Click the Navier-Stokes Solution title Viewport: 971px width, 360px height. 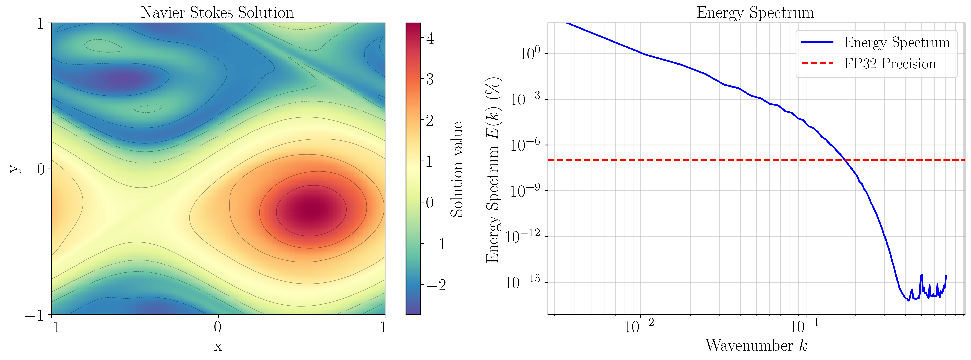(217, 12)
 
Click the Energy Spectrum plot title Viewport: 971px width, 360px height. (755, 12)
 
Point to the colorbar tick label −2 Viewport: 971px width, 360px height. (436, 285)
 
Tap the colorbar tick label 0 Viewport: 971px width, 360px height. (430, 203)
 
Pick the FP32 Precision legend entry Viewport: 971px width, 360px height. (890, 64)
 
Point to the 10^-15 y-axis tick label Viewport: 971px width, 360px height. (522, 282)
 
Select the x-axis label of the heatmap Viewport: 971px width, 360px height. (218, 346)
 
